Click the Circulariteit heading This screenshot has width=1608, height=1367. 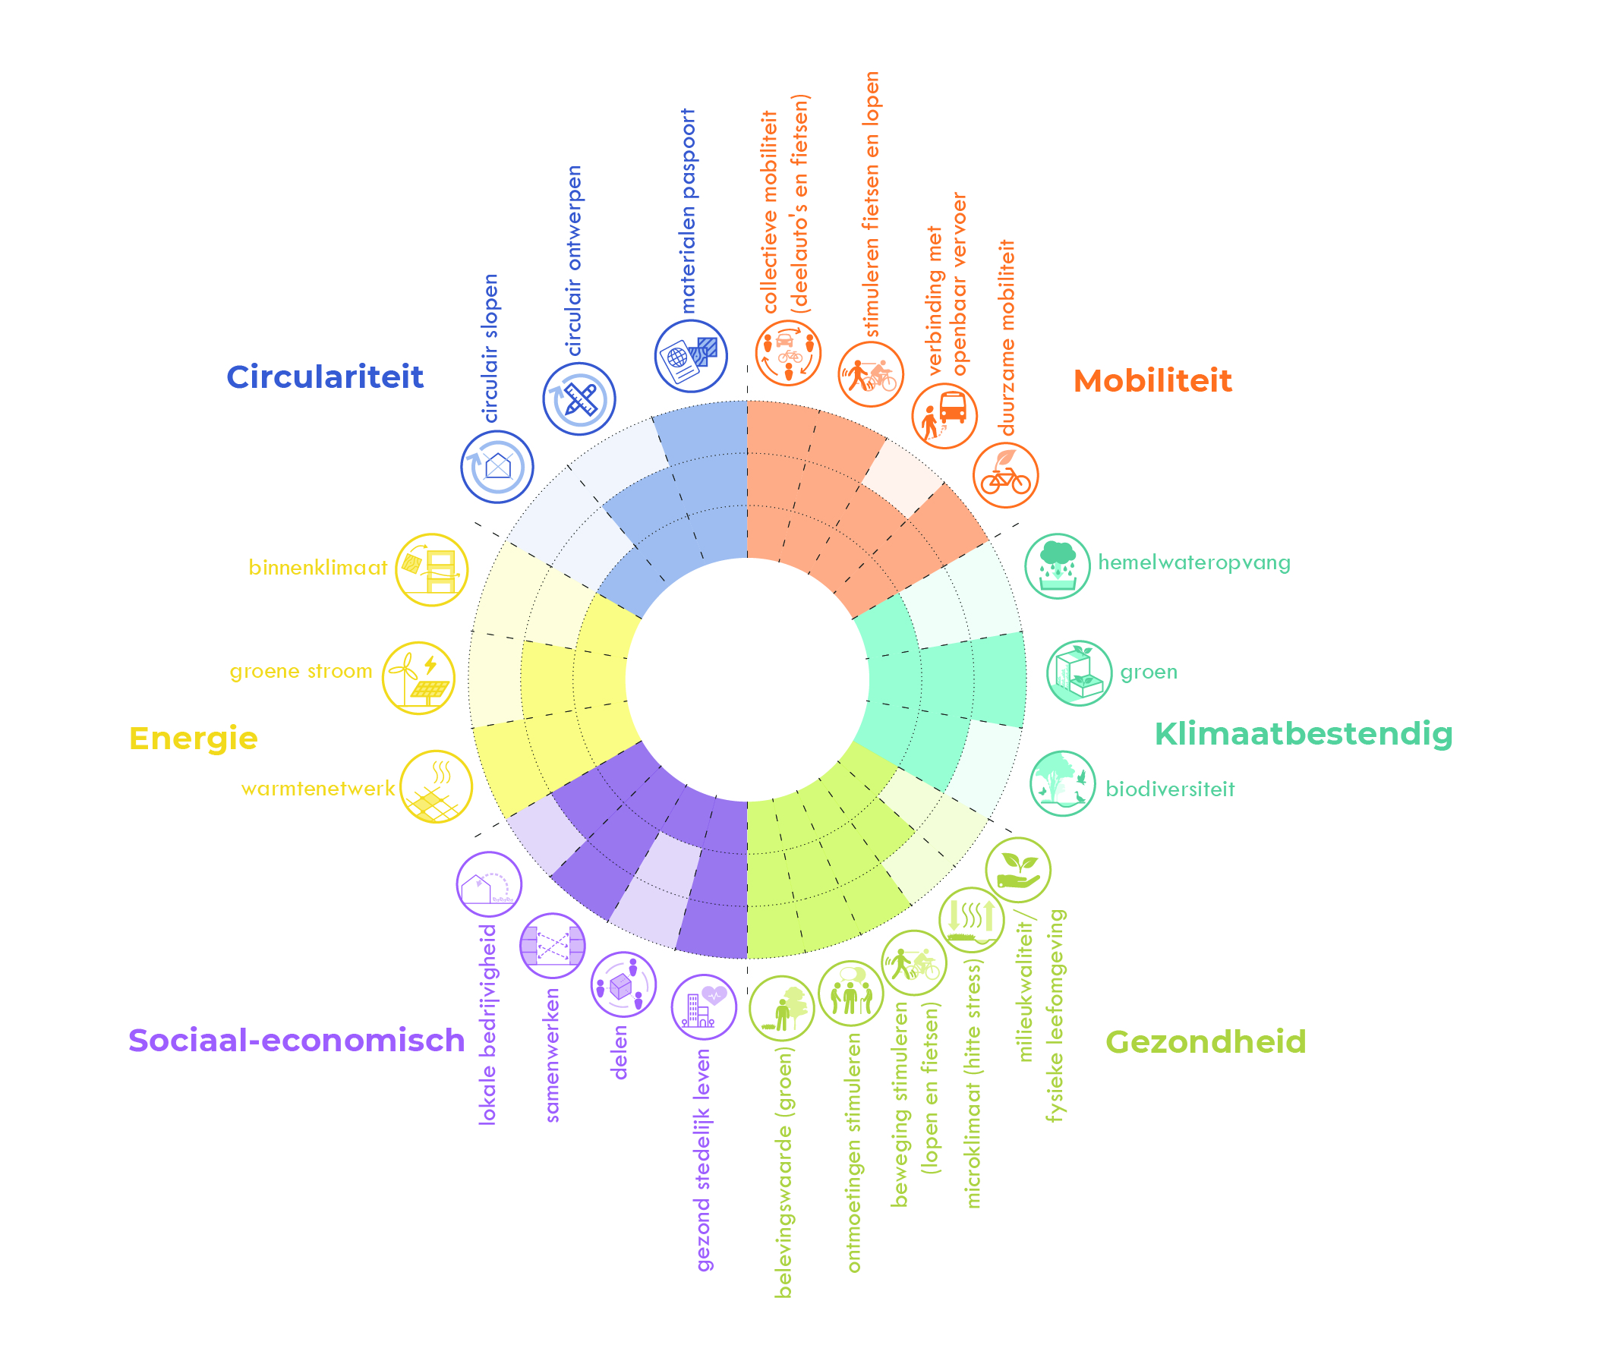pos(325,377)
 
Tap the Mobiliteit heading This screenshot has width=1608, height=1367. pos(1152,381)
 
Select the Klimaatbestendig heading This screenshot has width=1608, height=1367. pos(1303,734)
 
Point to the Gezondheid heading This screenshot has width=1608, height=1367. pos(1205,1041)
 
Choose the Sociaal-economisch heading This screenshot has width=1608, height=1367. pos(296,1040)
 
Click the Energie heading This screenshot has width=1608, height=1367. pos(193,739)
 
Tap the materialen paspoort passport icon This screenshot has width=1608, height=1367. pos(690,357)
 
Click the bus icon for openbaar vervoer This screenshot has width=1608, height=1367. pos(944,415)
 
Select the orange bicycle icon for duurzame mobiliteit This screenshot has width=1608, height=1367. pos(1005,475)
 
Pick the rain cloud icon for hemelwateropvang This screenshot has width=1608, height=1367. pos(1057,566)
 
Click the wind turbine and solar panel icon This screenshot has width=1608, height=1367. pos(418,678)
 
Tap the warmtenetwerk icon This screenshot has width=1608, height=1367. pos(437,786)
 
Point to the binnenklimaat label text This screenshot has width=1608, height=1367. pos(317,568)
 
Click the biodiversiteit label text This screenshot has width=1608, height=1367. pos(1169,789)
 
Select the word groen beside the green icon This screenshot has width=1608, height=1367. pos(1149,672)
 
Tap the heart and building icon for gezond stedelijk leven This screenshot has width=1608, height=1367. pos(704,1006)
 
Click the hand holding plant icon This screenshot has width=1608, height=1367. pos(1018,870)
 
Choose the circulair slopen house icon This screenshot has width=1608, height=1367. pos(497,467)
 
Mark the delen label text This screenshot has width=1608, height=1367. pos(620,1052)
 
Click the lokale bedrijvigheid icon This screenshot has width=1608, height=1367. pos(489,884)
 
